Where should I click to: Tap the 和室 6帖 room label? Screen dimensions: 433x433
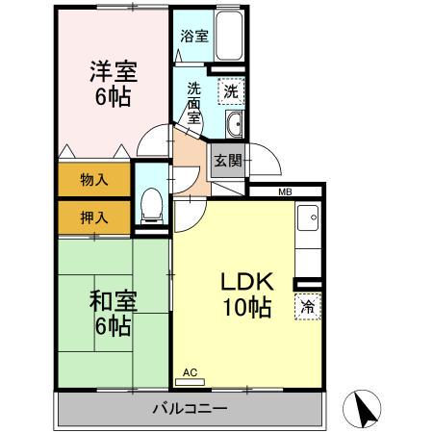click(113, 314)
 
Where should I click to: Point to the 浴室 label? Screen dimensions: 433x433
click(194, 37)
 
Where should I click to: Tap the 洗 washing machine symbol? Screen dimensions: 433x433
click(230, 91)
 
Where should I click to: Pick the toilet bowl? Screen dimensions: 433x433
click(150, 205)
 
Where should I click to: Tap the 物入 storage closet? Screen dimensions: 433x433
click(92, 179)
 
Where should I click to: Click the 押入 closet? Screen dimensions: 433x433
click(92, 217)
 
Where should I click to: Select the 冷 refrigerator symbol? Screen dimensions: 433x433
click(308, 308)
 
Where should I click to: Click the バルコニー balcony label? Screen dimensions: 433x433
click(189, 408)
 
